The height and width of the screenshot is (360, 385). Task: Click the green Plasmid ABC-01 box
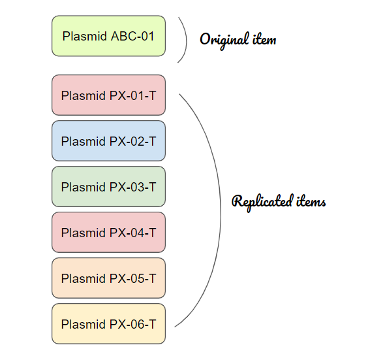point(108,36)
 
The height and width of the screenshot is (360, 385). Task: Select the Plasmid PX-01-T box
point(108,95)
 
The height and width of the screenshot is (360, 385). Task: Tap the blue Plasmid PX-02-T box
point(108,141)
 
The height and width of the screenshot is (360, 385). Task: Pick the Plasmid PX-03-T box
point(108,187)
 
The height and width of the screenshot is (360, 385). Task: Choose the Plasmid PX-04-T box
point(108,233)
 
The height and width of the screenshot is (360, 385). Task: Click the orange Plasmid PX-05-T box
point(108,278)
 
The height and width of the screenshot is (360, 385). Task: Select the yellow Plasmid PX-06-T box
point(108,324)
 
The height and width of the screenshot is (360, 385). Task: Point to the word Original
point(224,40)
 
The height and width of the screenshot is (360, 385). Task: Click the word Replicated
point(262,202)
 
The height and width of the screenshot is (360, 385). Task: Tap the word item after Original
point(264,39)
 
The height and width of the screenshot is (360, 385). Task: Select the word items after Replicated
point(311,201)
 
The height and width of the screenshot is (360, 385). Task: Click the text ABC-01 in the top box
point(132,37)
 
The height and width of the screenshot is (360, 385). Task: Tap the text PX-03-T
point(132,187)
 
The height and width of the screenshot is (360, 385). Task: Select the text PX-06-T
point(132,324)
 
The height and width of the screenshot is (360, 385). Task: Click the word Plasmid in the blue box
point(84,141)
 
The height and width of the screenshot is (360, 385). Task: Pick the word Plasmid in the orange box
point(84,278)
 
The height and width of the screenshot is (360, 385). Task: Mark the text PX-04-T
point(132,233)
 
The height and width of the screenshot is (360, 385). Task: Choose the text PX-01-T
point(132,95)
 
